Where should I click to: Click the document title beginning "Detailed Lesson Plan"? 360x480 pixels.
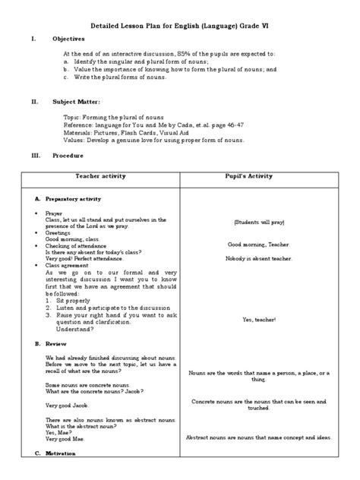point(179,27)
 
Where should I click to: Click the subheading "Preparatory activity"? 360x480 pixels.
point(73,198)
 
